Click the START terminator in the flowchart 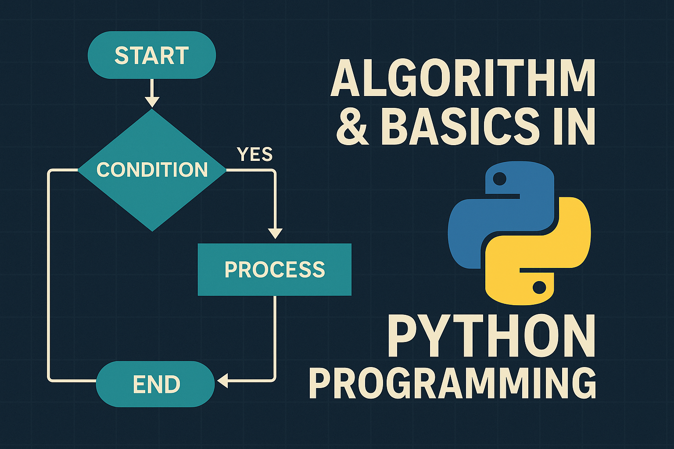click(152, 55)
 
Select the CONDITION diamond click(152, 170)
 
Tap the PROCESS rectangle click(274, 270)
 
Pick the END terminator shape click(155, 384)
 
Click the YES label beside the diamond click(255, 154)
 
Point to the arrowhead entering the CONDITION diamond click(152, 102)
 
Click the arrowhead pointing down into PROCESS click(275, 234)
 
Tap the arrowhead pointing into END click(222, 381)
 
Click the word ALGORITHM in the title click(463, 78)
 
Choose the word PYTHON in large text click(491, 335)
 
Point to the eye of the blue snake click(499, 178)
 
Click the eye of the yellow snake click(539, 288)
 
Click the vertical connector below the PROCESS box click(275, 336)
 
